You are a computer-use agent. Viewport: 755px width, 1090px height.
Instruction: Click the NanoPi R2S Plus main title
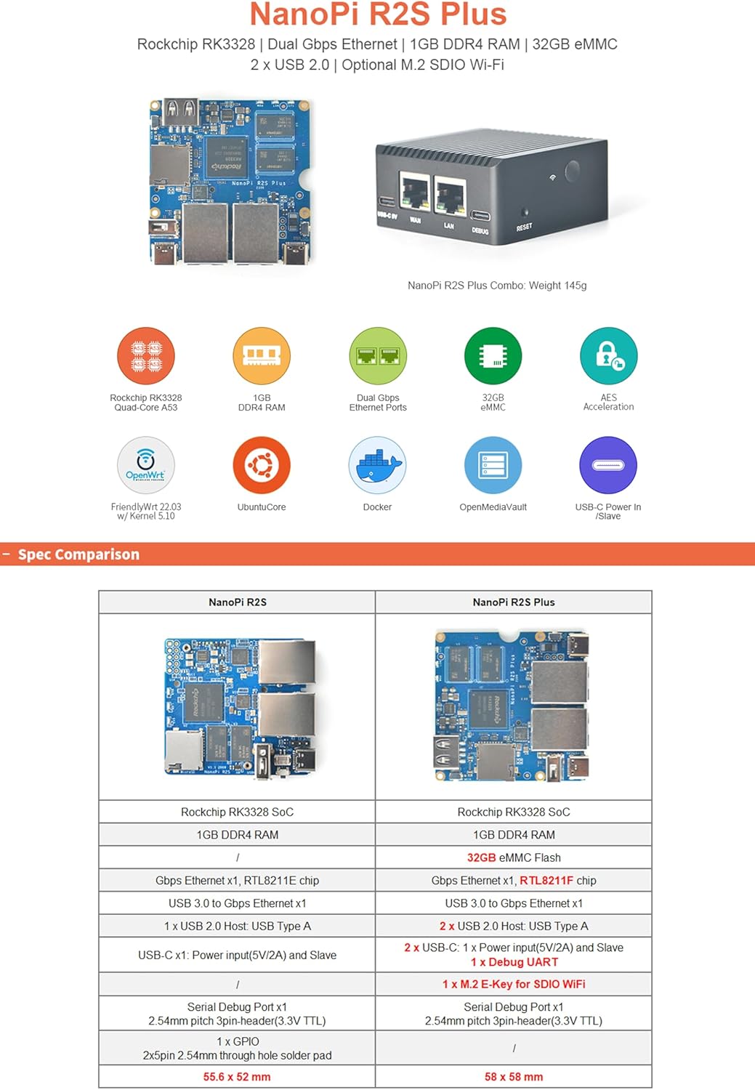[x=378, y=15]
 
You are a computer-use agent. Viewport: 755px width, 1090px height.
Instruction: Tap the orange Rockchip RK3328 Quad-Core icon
[x=146, y=356]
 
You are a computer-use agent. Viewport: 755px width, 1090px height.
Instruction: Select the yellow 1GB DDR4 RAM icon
[x=262, y=356]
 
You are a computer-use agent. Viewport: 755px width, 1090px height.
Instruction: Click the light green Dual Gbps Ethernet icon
[x=378, y=356]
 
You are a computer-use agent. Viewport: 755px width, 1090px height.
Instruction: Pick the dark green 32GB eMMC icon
[x=493, y=356]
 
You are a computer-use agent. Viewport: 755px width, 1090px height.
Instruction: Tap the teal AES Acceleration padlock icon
[x=608, y=356]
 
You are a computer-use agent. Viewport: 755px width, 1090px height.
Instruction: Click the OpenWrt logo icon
[x=146, y=465]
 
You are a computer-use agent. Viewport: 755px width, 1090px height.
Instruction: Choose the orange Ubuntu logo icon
[x=262, y=465]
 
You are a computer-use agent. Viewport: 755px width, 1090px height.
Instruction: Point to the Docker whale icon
[x=378, y=465]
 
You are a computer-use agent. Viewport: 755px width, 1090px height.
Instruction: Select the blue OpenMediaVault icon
[x=493, y=465]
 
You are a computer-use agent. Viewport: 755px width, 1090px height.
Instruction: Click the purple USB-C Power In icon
[x=608, y=465]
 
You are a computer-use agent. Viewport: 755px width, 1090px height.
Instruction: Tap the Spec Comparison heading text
[x=78, y=554]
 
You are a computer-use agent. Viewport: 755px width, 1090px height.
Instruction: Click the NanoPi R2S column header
[x=238, y=602]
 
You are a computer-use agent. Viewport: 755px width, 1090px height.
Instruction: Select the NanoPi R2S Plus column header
[x=514, y=602]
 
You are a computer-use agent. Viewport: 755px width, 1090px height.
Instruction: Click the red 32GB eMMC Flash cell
[x=514, y=857]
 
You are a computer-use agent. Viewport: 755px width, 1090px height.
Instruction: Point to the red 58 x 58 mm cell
[x=514, y=1077]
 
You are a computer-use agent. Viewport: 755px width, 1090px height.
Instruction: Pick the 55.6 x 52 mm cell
[x=237, y=1077]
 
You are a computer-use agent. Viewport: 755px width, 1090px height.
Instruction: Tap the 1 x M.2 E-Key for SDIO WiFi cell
[x=514, y=984]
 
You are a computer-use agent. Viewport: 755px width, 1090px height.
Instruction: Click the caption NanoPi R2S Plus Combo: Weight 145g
[x=497, y=286]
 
